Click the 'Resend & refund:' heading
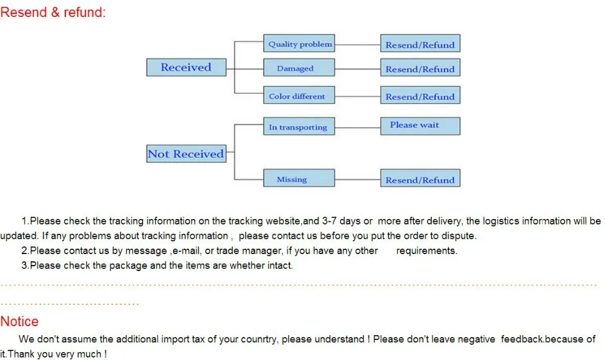tap(53, 12)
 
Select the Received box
tap(186, 67)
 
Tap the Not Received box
tap(186, 154)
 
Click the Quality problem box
tap(299, 44)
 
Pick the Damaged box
tap(299, 68)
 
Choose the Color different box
tap(299, 96)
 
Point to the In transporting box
tap(299, 126)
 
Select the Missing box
tap(299, 178)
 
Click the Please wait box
tap(420, 125)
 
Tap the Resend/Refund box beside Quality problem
tap(420, 44)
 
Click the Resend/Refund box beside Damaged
tap(420, 68)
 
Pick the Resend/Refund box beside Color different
tap(420, 96)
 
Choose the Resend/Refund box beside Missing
tap(420, 179)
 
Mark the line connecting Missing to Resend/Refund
tap(357, 179)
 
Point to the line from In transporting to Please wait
tap(357, 126)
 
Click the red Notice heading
tap(19, 321)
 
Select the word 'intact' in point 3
tap(279, 265)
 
